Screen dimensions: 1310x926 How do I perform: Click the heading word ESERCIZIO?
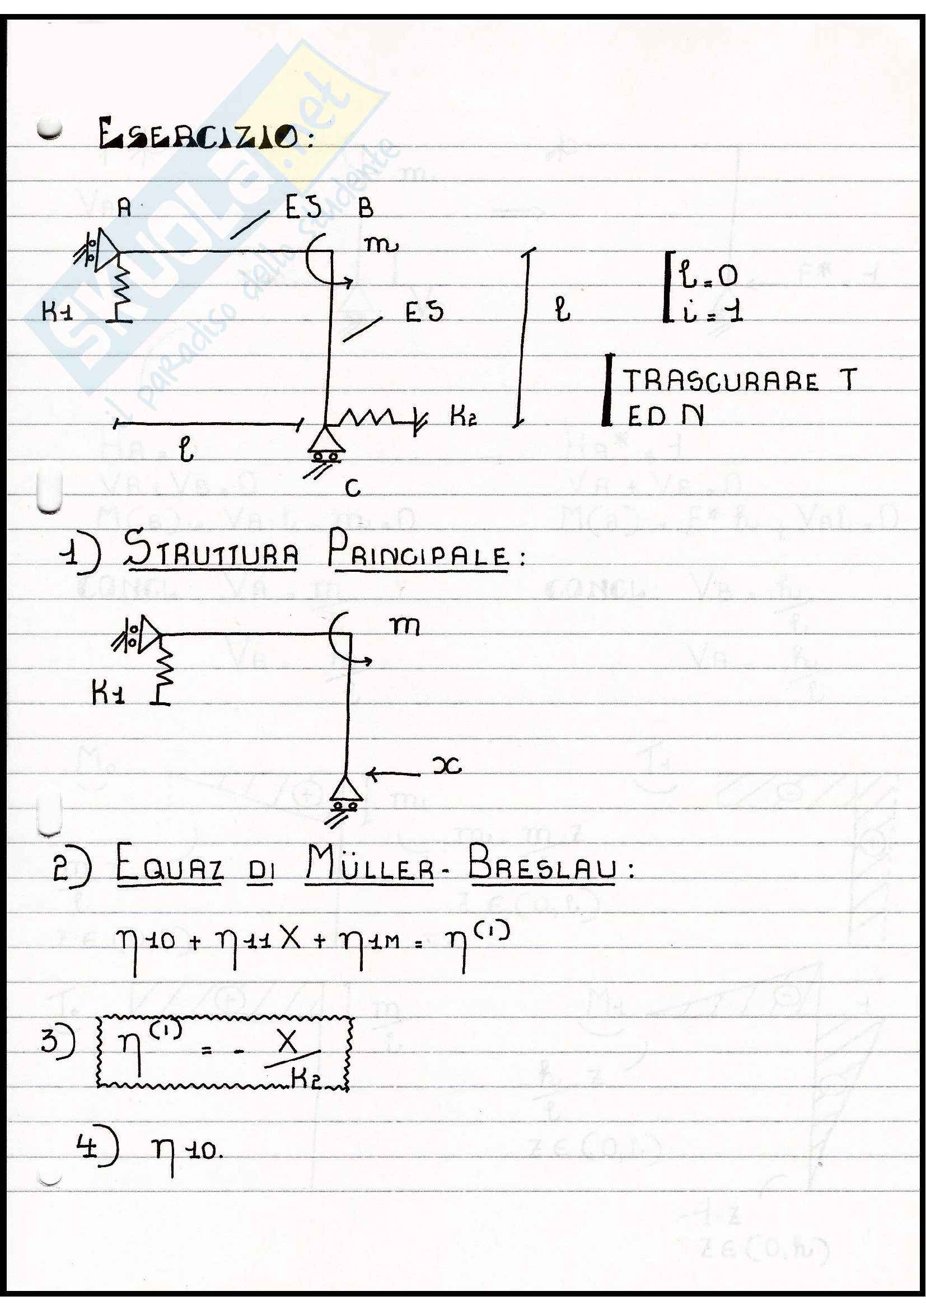pyautogui.click(x=198, y=135)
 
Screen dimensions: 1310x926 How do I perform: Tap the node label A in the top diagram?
pyautogui.click(x=124, y=208)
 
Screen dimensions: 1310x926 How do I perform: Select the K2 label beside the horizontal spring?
pyautogui.click(x=463, y=417)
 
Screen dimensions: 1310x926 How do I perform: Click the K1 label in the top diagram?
pyautogui.click(x=57, y=312)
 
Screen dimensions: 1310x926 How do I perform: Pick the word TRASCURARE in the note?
pyautogui.click(x=720, y=381)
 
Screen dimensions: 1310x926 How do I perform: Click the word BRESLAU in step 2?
pyautogui.click(x=542, y=865)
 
